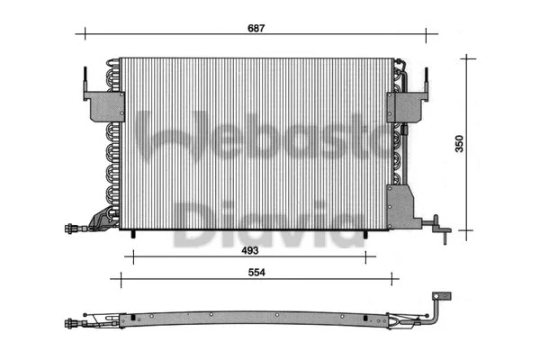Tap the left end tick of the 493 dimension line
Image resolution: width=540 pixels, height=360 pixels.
pos(131,257)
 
